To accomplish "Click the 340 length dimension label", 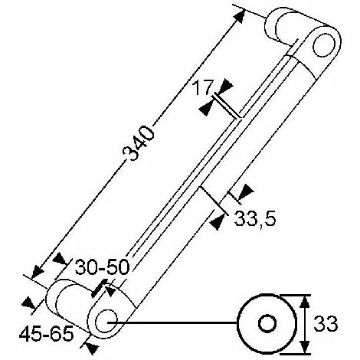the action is pyautogui.click(x=139, y=143).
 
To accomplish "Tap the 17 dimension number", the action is pyautogui.click(x=203, y=87).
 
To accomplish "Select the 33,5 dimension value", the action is pyautogui.click(x=255, y=218).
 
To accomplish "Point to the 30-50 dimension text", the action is pyautogui.click(x=103, y=267).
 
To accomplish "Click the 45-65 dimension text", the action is pyautogui.click(x=47, y=334).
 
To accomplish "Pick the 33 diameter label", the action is pyautogui.click(x=326, y=323).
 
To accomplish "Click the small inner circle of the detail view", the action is pyautogui.click(x=267, y=323).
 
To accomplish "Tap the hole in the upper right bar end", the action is pyautogui.click(x=324, y=45).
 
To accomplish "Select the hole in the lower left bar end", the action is pyautogui.click(x=106, y=321).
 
